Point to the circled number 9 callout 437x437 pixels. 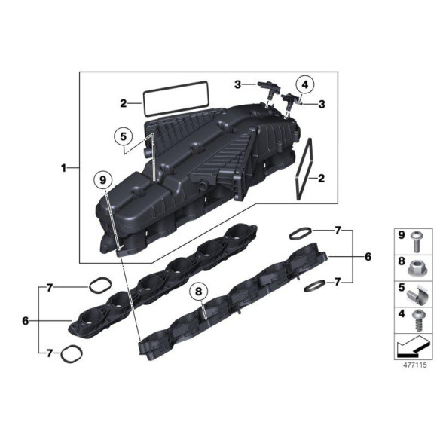(102, 181)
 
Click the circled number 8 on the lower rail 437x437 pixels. (198, 290)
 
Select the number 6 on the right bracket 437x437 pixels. (368, 257)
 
